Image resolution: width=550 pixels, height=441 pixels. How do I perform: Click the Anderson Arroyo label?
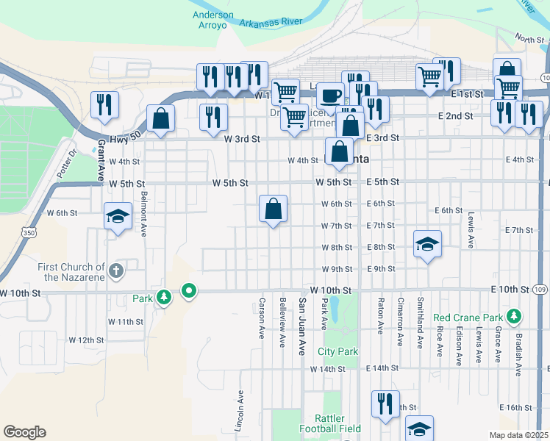(x=213, y=19)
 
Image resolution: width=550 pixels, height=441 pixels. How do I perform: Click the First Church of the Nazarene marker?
(x=115, y=272)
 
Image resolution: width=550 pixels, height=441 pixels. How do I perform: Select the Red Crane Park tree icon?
(x=513, y=318)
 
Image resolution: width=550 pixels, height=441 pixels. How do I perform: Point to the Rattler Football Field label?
(x=329, y=423)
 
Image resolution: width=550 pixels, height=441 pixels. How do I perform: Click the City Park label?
(x=337, y=351)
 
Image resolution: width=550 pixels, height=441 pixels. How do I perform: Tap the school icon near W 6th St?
(x=116, y=217)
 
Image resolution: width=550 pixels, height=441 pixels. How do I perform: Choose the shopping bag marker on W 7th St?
(x=273, y=209)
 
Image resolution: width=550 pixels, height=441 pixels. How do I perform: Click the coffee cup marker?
(x=330, y=96)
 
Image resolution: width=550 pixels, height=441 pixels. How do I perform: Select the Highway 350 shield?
(x=28, y=233)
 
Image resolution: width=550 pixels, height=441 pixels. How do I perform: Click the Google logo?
(x=24, y=432)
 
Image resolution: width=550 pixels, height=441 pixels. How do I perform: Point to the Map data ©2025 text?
(x=518, y=435)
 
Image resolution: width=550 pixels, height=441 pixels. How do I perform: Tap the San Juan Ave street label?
(x=301, y=324)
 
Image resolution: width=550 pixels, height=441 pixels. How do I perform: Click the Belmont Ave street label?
(x=144, y=213)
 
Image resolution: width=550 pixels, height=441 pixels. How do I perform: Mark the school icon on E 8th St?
(x=426, y=244)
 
